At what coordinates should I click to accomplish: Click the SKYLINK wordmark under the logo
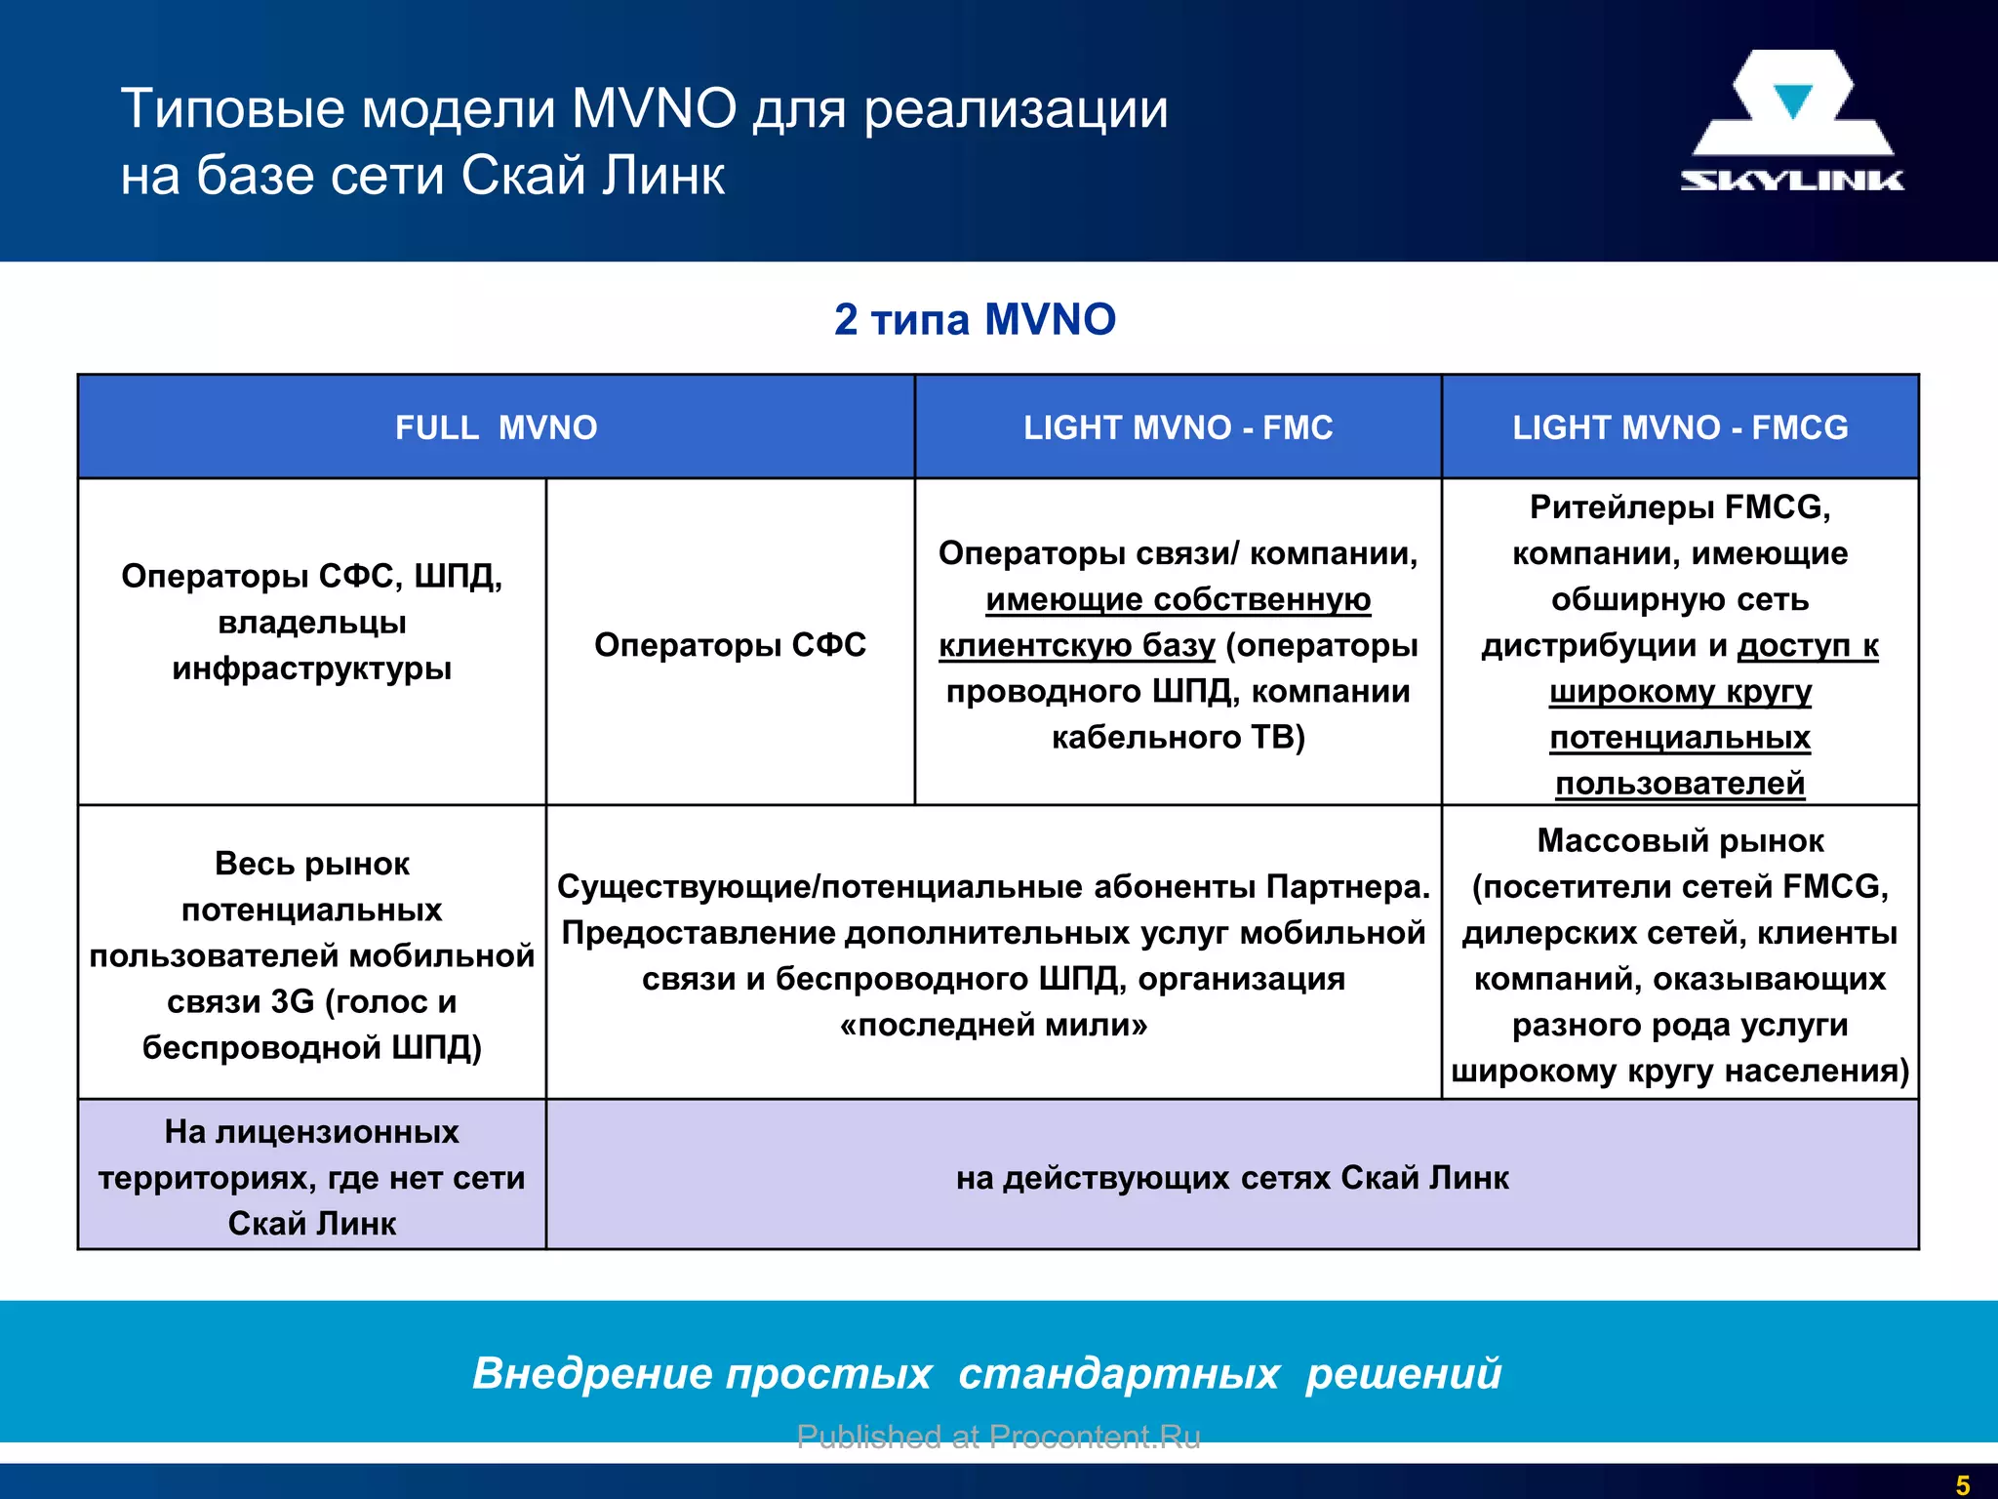pyautogui.click(x=1791, y=180)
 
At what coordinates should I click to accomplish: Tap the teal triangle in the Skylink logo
pyautogui.click(x=1792, y=101)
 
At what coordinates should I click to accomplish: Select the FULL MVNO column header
pyautogui.click(x=496, y=427)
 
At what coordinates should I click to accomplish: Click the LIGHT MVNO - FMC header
pyautogui.click(x=1178, y=427)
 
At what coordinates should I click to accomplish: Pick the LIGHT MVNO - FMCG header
pyautogui.click(x=1680, y=427)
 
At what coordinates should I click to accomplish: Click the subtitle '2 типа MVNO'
pyautogui.click(x=975, y=320)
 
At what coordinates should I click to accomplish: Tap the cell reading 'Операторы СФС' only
pyautogui.click(x=730, y=645)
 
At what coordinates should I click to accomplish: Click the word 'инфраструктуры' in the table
pyautogui.click(x=311, y=668)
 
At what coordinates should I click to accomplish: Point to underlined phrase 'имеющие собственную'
pyautogui.click(x=1178, y=599)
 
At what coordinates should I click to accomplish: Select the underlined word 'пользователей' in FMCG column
pyautogui.click(x=1680, y=783)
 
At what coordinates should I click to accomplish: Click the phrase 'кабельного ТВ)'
pyautogui.click(x=1178, y=737)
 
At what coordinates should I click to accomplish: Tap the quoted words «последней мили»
pyautogui.click(x=993, y=1025)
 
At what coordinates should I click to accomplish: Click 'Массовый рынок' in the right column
pyautogui.click(x=1680, y=840)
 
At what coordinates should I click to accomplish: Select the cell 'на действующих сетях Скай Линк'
pyautogui.click(x=1232, y=1178)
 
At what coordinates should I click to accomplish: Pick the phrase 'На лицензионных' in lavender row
pyautogui.click(x=311, y=1132)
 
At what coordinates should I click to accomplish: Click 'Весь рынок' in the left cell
pyautogui.click(x=311, y=864)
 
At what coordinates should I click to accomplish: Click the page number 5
pyautogui.click(x=1963, y=1485)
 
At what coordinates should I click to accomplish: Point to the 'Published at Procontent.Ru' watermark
pyautogui.click(x=998, y=1437)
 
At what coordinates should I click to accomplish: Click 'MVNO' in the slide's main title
pyautogui.click(x=654, y=108)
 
